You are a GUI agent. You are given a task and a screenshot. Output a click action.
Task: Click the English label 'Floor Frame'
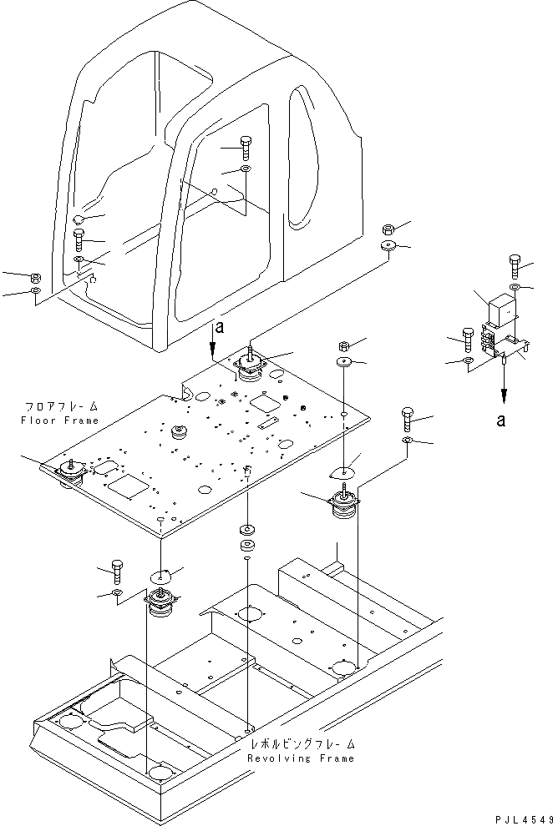coord(59,421)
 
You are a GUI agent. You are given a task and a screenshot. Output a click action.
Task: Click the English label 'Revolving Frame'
coord(301,758)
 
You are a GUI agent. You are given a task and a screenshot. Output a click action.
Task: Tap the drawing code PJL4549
coord(523,819)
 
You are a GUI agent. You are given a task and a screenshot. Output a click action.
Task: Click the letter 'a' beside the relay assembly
coord(501,420)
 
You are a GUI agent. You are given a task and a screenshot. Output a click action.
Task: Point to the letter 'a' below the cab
coord(220,327)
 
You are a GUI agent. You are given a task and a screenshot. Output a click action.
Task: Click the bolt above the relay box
coord(515,265)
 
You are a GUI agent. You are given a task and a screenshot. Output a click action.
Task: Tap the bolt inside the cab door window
coord(246,148)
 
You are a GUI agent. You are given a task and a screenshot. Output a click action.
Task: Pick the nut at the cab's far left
coord(36,277)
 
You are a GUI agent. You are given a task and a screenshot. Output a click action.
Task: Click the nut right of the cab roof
coord(387,229)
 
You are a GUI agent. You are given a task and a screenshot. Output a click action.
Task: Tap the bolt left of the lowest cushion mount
coord(116,572)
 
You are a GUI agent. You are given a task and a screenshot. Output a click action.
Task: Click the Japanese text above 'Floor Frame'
coord(62,406)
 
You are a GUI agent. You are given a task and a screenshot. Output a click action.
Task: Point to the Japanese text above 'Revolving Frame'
coord(302,744)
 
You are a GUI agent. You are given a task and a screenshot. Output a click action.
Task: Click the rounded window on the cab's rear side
coord(304,158)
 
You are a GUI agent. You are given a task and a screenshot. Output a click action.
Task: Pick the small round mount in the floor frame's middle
coord(180,431)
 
